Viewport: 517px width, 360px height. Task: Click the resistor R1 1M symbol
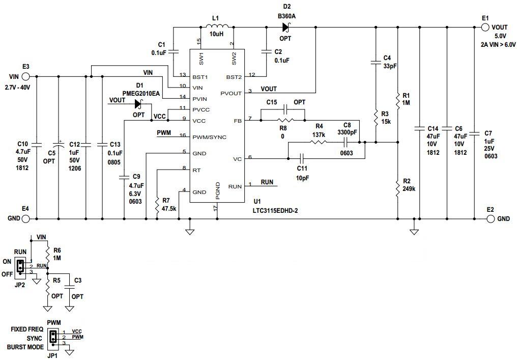[x=397, y=98]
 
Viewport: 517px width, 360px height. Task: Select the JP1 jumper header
[x=52, y=337]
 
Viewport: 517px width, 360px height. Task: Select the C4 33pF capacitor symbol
[x=375, y=64]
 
